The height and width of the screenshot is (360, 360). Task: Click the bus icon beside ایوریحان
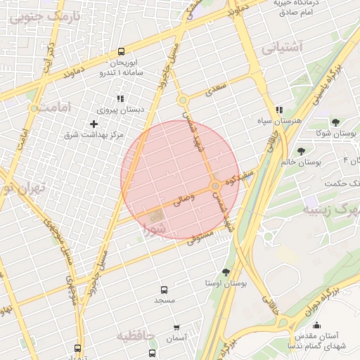click(122, 51)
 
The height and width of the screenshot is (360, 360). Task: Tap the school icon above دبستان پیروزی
click(120, 98)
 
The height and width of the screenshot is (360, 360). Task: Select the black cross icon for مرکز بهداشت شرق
click(94, 124)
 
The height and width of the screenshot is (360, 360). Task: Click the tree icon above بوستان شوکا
click(335, 122)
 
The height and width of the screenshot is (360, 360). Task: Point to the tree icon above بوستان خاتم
click(302, 151)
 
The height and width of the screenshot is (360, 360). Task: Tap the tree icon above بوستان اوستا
click(226, 271)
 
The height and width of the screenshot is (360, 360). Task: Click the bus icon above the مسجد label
click(165, 289)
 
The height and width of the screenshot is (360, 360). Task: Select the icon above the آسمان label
click(176, 327)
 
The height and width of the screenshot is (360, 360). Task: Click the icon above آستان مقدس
click(316, 326)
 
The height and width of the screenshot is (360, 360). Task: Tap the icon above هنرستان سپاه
click(279, 110)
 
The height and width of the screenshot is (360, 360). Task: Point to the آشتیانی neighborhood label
click(281, 48)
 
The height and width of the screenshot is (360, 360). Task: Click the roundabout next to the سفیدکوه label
click(214, 186)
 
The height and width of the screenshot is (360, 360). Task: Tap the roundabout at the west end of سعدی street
click(182, 100)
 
